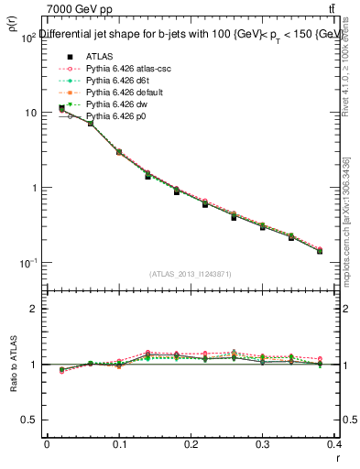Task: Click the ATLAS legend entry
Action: [98, 57]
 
